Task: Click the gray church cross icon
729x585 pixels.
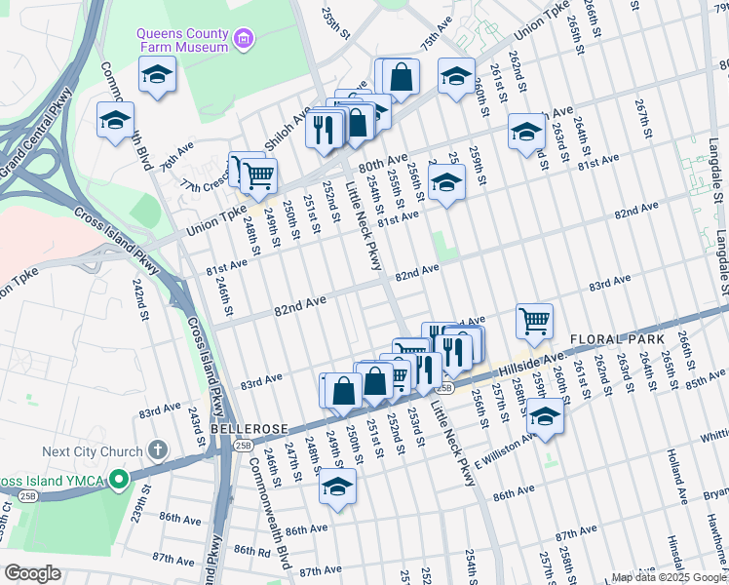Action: pos(158,451)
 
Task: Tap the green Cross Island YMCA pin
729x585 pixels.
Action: pos(118,480)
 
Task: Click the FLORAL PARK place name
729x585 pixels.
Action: pos(617,338)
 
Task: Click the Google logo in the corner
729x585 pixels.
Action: pos(32,572)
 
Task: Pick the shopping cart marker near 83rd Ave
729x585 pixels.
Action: pos(534,319)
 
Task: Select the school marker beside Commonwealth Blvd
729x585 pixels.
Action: pos(115,121)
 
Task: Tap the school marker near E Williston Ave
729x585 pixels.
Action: pos(546,414)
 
